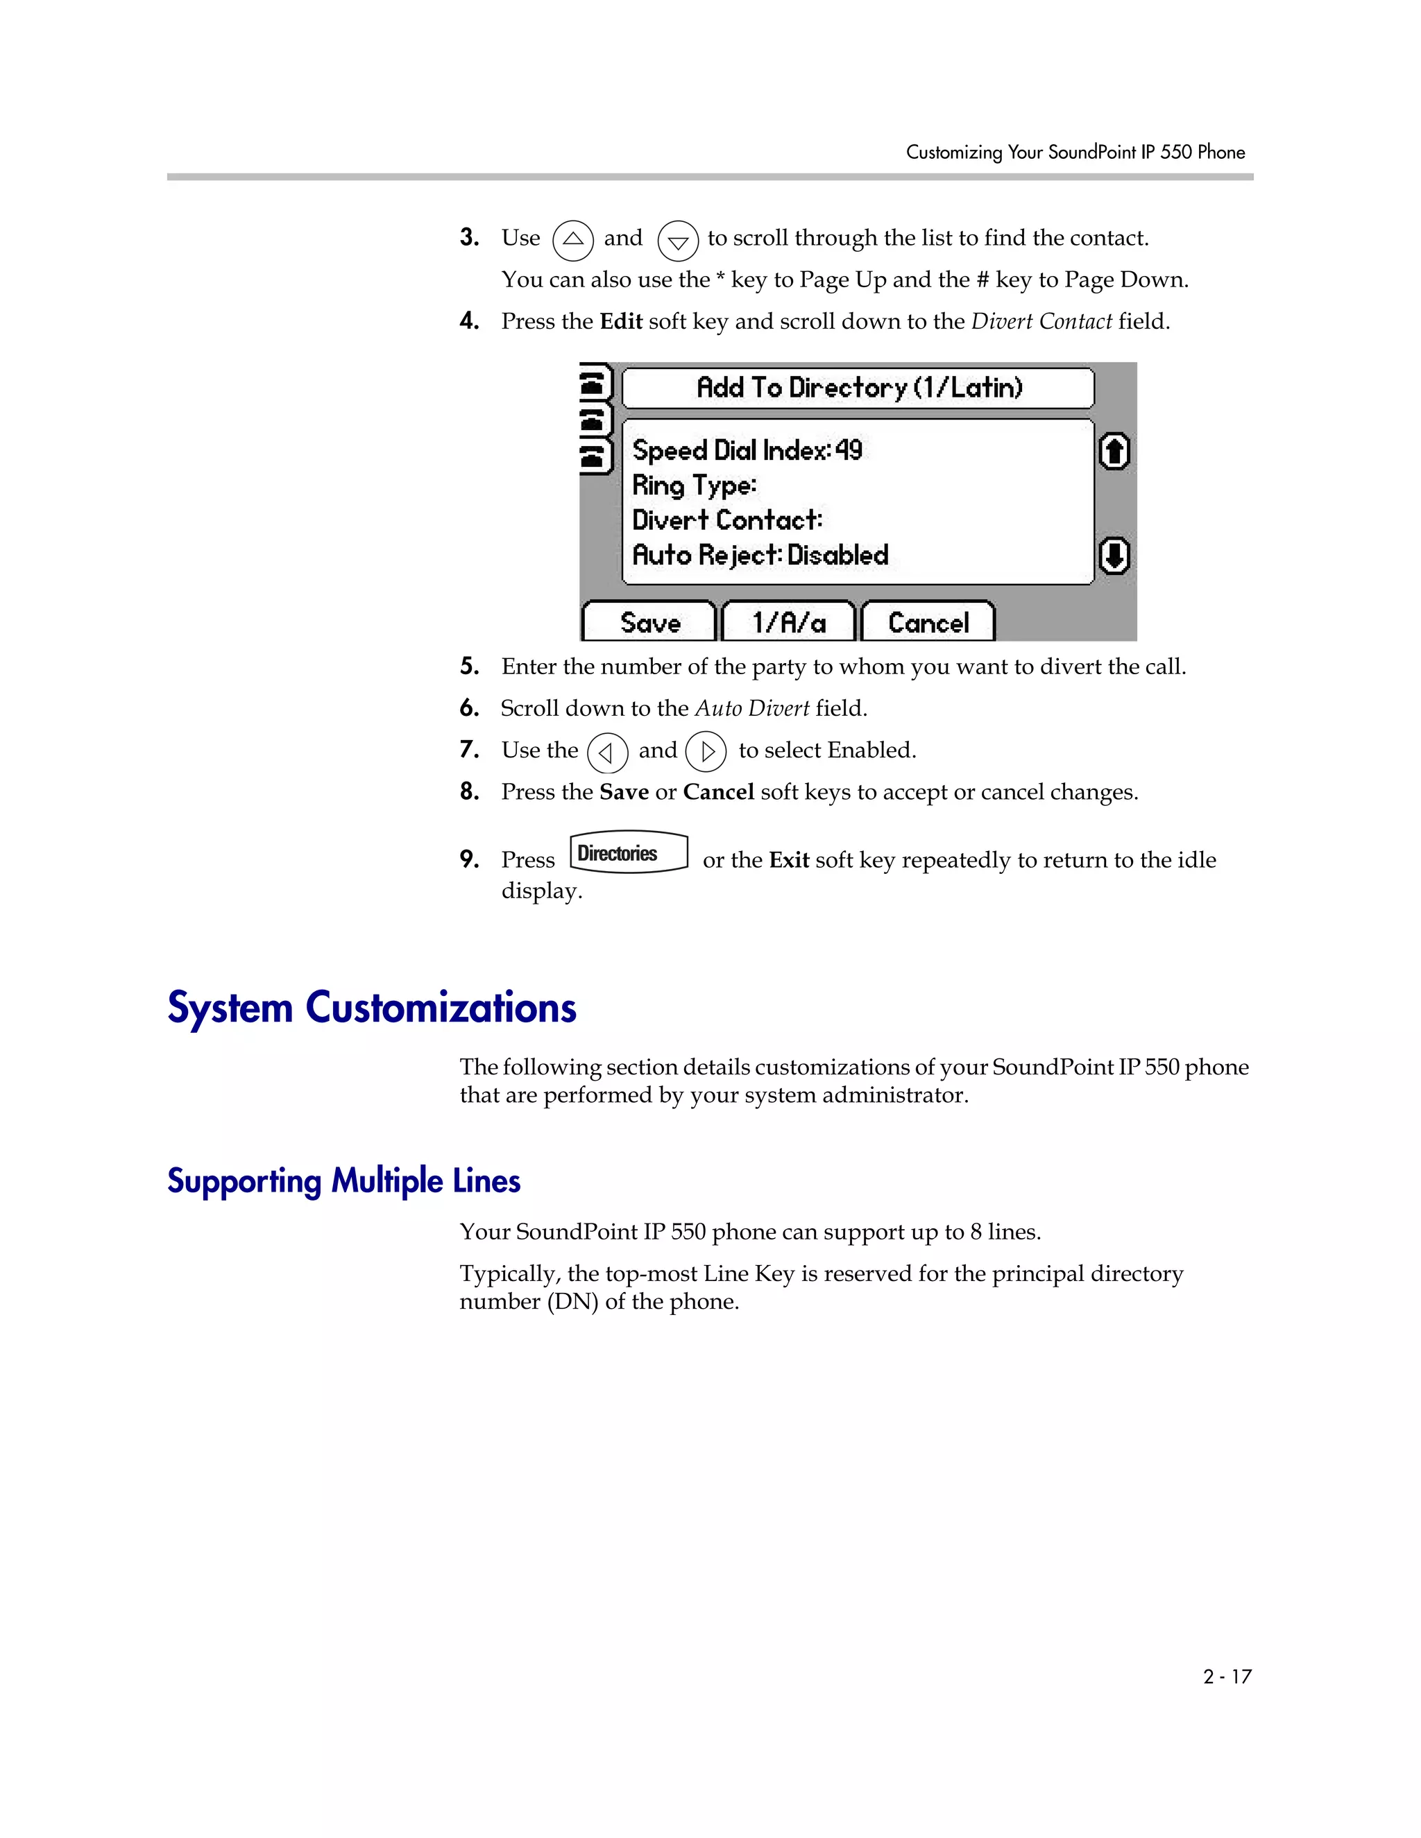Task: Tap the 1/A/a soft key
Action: point(789,623)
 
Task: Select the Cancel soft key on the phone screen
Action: point(928,623)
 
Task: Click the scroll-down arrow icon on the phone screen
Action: point(1114,556)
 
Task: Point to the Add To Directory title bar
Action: point(858,388)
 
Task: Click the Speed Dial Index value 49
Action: point(849,450)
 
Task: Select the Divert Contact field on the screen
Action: point(727,520)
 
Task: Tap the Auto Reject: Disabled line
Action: point(760,556)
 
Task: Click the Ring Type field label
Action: point(695,486)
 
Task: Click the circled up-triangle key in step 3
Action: point(573,240)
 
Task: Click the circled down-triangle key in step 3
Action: point(678,241)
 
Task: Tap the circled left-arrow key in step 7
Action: point(607,753)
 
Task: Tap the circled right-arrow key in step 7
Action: point(706,752)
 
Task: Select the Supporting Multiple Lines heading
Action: point(343,1180)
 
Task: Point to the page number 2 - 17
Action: point(1227,1676)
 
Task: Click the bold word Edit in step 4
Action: point(620,322)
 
